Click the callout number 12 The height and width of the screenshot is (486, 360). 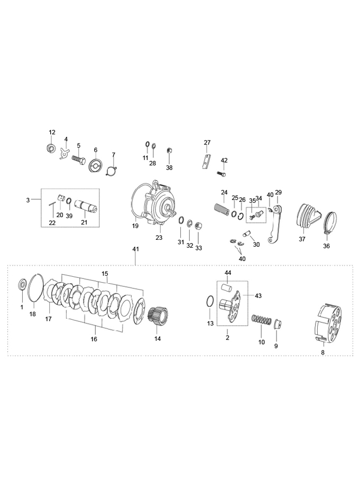coord(52,133)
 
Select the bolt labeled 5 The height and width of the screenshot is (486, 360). coord(79,162)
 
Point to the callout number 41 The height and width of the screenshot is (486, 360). coord(135,249)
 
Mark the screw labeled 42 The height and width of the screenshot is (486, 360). coord(221,174)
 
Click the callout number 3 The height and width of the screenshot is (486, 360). coord(28,200)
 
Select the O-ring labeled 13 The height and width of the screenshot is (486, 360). coord(210,301)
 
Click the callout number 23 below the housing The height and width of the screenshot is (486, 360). coord(159,237)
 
